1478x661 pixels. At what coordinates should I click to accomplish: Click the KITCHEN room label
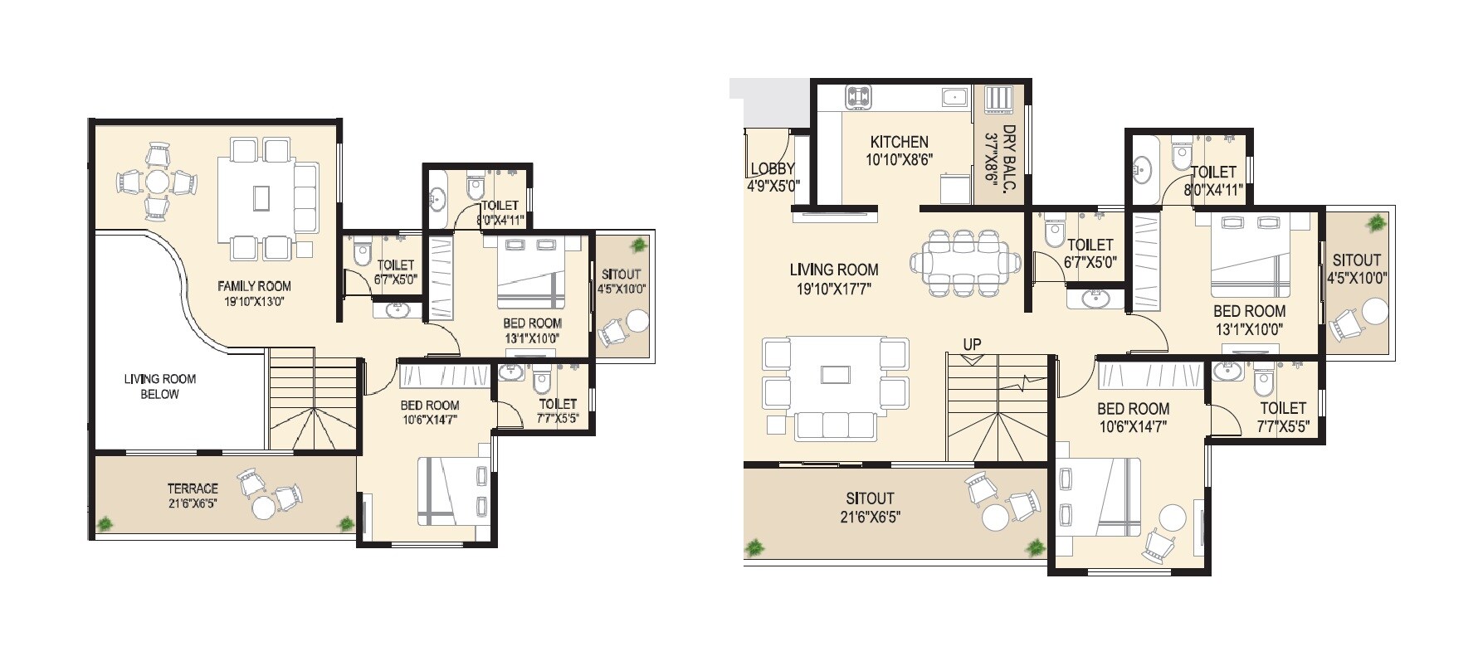tap(899, 142)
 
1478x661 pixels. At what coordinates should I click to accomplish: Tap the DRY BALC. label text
tap(1009, 159)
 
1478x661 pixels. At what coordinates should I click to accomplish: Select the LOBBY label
tap(772, 169)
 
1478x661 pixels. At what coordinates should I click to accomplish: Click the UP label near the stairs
tap(972, 344)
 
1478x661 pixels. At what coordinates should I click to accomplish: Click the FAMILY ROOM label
tap(254, 286)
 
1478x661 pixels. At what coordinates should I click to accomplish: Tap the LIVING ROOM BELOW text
tap(159, 386)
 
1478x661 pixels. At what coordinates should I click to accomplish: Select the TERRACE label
tap(193, 488)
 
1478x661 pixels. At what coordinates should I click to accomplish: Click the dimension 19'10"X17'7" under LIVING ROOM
tap(833, 289)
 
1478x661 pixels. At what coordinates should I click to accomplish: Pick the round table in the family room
tap(157, 182)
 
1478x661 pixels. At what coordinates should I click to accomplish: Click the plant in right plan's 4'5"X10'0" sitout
tap(1377, 223)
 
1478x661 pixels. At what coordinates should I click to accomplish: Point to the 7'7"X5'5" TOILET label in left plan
tap(557, 404)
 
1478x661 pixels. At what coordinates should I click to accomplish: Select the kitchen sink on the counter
tap(955, 97)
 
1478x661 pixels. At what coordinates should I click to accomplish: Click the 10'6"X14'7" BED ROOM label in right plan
tap(1133, 409)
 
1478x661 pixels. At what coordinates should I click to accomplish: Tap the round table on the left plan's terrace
tap(263, 507)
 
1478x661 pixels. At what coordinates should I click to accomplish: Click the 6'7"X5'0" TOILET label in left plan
tap(395, 265)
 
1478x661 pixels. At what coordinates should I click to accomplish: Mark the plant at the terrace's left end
tap(105, 523)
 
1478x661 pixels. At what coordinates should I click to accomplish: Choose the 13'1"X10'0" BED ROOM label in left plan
tap(532, 323)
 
